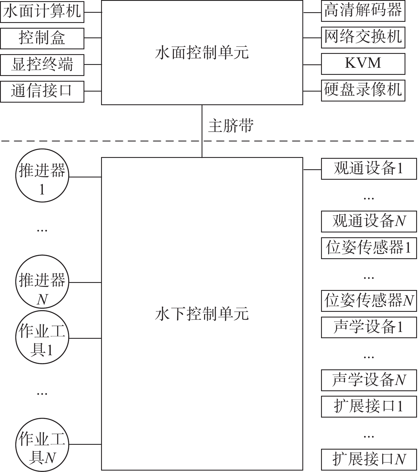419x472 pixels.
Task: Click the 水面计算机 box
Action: (x=42, y=12)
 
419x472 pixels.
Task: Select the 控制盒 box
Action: (x=42, y=38)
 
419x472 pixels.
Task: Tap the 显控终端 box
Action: (x=42, y=65)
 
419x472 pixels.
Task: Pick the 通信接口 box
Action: (x=42, y=91)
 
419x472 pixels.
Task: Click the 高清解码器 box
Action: (x=363, y=11)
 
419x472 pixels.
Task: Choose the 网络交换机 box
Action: (x=363, y=37)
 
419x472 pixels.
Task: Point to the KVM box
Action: (x=363, y=64)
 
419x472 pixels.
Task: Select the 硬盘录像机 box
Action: (x=363, y=90)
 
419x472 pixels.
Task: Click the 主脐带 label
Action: (x=231, y=126)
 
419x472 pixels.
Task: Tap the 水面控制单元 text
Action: (x=202, y=53)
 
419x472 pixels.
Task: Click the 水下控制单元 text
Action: (x=202, y=314)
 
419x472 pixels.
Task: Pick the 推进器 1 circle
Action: (x=42, y=175)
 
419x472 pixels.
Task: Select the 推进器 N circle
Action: (x=42, y=282)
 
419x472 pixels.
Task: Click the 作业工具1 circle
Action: (x=42, y=337)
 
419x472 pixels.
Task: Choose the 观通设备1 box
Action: (x=369, y=169)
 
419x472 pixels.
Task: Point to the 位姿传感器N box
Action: (x=369, y=301)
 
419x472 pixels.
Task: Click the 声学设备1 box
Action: (x=369, y=327)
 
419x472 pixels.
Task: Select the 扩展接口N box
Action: (x=369, y=460)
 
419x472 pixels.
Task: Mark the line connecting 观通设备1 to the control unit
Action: (x=312, y=170)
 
